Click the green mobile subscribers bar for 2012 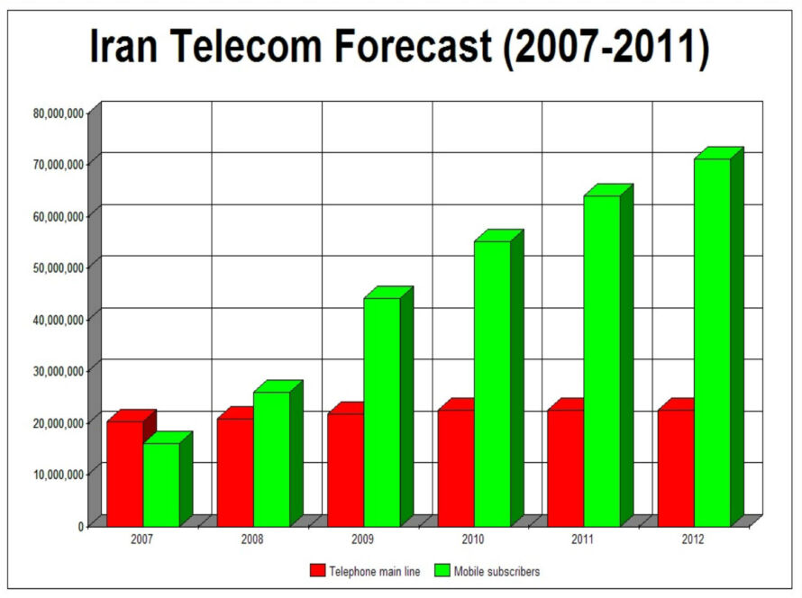(712, 342)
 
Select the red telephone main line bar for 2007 (125, 473)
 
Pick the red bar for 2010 (456, 467)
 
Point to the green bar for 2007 (161, 485)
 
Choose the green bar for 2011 (602, 360)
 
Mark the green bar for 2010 (492, 384)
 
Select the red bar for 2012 (676, 467)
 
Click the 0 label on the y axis (81, 525)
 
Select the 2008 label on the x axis (251, 539)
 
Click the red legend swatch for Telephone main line (316, 570)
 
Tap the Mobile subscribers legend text (497, 570)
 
